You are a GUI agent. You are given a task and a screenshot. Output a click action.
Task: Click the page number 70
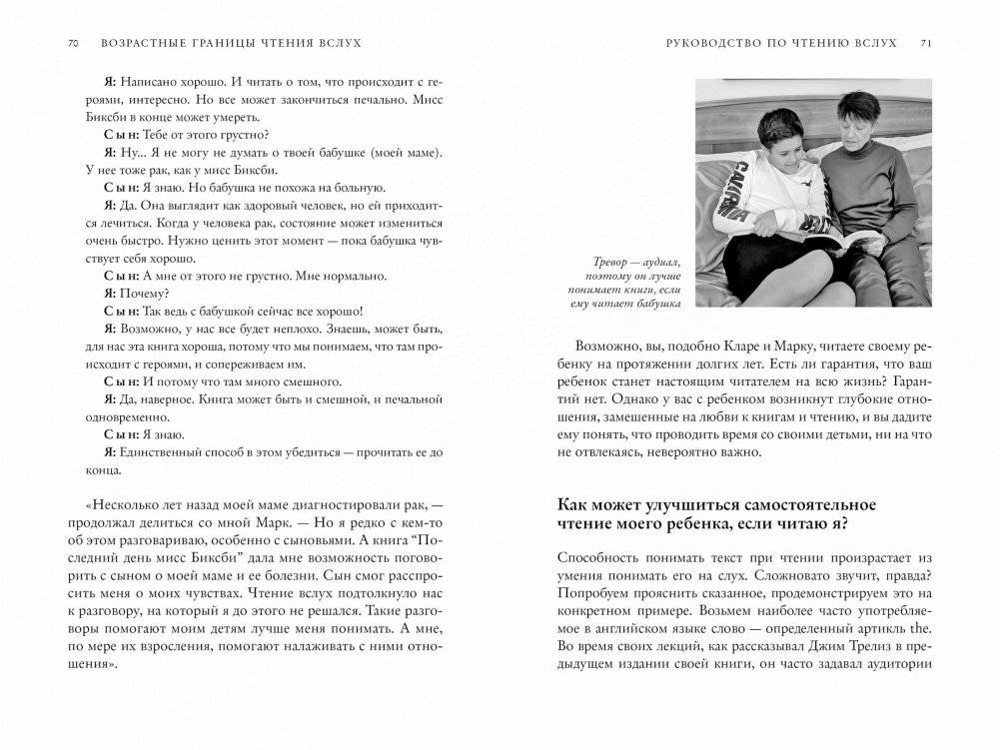coord(73,44)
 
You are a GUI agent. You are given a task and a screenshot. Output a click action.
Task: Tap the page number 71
coord(926,44)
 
